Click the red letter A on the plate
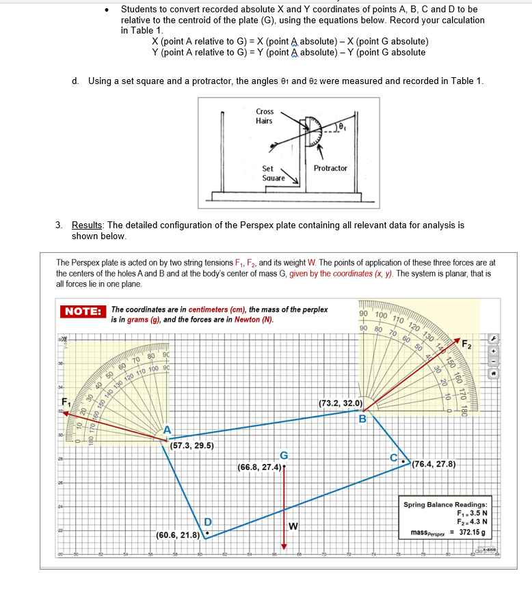[x=167, y=430]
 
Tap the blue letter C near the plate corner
[x=393, y=457]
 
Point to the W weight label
[x=293, y=525]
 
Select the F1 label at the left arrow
[x=66, y=401]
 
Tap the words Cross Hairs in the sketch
[x=265, y=115]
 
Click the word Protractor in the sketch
[x=330, y=168]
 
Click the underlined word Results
[x=87, y=225]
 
